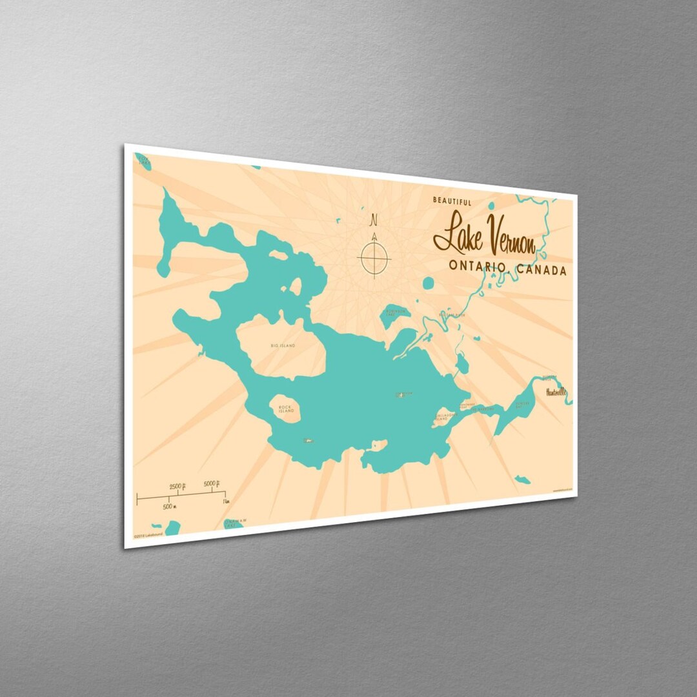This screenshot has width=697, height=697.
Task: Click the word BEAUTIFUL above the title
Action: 452,201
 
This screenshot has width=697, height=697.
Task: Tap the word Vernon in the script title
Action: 510,240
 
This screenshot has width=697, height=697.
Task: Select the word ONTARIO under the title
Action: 475,266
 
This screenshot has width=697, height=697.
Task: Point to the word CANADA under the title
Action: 541,270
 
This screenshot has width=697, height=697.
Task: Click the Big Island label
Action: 283,346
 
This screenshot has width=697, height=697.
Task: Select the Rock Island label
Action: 285,409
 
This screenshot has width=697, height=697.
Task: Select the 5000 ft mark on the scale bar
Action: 212,483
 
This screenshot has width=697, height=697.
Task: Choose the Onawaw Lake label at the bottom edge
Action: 235,520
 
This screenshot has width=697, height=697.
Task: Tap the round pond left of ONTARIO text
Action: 428,283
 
